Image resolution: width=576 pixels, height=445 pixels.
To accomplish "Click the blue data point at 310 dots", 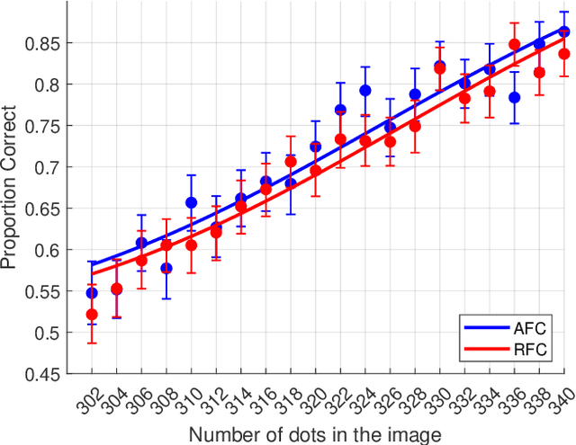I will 191,202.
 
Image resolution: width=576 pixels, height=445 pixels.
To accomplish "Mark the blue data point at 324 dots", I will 365,90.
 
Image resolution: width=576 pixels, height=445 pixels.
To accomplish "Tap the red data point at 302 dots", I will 92,314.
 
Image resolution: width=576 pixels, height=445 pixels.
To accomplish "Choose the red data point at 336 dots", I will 514,44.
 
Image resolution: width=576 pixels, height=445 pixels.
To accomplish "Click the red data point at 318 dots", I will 291,162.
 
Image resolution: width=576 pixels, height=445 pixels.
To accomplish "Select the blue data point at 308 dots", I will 166,268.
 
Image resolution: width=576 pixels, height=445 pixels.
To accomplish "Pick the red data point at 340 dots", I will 564,54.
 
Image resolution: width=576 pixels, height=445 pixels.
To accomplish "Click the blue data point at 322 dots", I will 340,110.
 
